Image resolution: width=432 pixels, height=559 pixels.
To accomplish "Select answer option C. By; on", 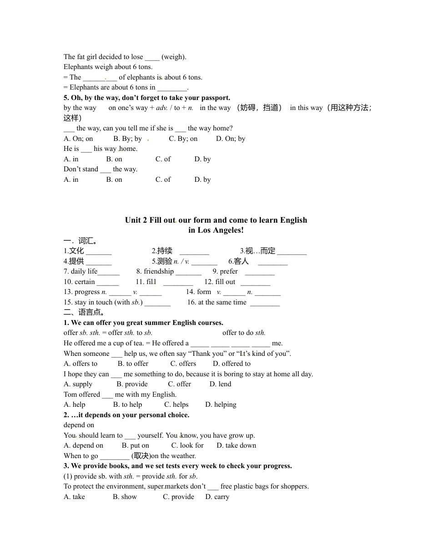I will pos(183,139).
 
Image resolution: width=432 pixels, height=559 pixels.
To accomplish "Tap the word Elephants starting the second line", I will pos(78,67).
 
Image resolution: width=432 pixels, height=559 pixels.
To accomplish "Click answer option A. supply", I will pos(78,384).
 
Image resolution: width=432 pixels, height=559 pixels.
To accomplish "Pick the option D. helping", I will pos(221,404).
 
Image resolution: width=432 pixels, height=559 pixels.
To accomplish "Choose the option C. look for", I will pos(187,445).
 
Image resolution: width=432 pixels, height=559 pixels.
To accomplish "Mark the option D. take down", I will pos(236,445).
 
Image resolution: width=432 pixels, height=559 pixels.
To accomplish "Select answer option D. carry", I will pos(217,497).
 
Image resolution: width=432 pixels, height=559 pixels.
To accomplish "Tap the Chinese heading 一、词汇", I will pos(80,240).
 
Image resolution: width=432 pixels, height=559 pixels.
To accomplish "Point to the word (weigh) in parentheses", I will pos(174,57).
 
